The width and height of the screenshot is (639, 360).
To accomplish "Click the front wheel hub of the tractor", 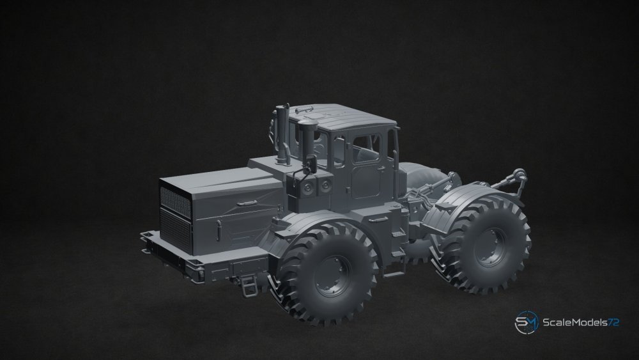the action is point(334,275).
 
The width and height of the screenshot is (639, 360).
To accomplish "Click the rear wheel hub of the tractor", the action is point(490,247).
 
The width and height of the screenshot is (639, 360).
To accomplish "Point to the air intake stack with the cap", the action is point(307,139).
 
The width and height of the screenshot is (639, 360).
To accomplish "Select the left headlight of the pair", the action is point(308,187).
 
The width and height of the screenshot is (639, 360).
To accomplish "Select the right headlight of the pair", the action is point(325,186).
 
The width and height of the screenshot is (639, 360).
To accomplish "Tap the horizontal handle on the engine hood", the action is point(247,203).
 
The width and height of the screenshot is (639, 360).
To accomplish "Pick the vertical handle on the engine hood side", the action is point(218,229).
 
